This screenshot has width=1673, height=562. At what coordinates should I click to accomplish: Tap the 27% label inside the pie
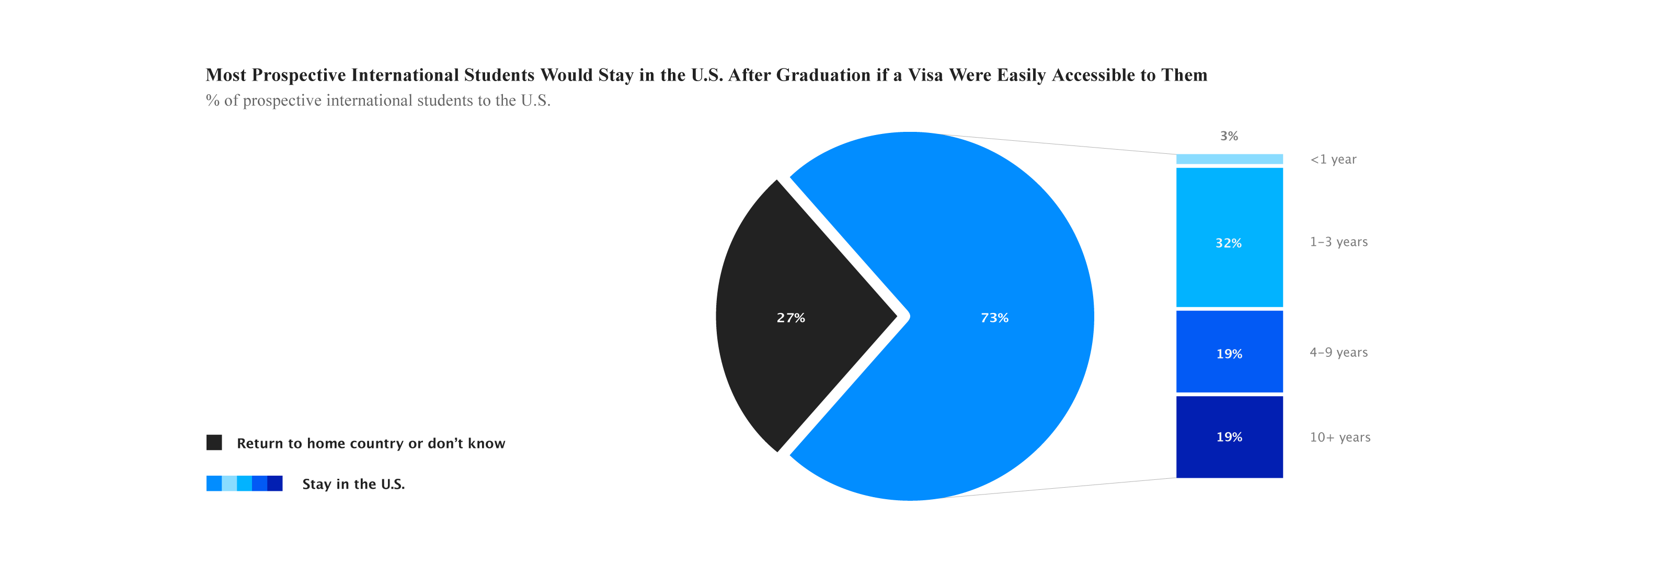coord(790,318)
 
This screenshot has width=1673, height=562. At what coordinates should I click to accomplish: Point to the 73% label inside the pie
coord(994,318)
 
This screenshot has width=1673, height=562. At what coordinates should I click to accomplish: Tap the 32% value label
coord(1228,243)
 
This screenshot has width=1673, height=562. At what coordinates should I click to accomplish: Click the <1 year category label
coord(1333,159)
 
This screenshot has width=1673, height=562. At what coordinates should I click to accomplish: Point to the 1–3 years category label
coord(1338,242)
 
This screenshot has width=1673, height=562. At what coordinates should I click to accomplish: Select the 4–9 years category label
coord(1338,352)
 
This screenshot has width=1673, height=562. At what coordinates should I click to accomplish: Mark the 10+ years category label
coord(1340,437)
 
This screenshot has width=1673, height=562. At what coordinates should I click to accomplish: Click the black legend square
coord(214,443)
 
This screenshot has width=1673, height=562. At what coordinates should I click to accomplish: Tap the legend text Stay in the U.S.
coord(353,484)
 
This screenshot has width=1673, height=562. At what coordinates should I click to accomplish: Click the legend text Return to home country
coord(370,443)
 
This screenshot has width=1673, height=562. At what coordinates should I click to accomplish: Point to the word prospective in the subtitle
coord(282,100)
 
